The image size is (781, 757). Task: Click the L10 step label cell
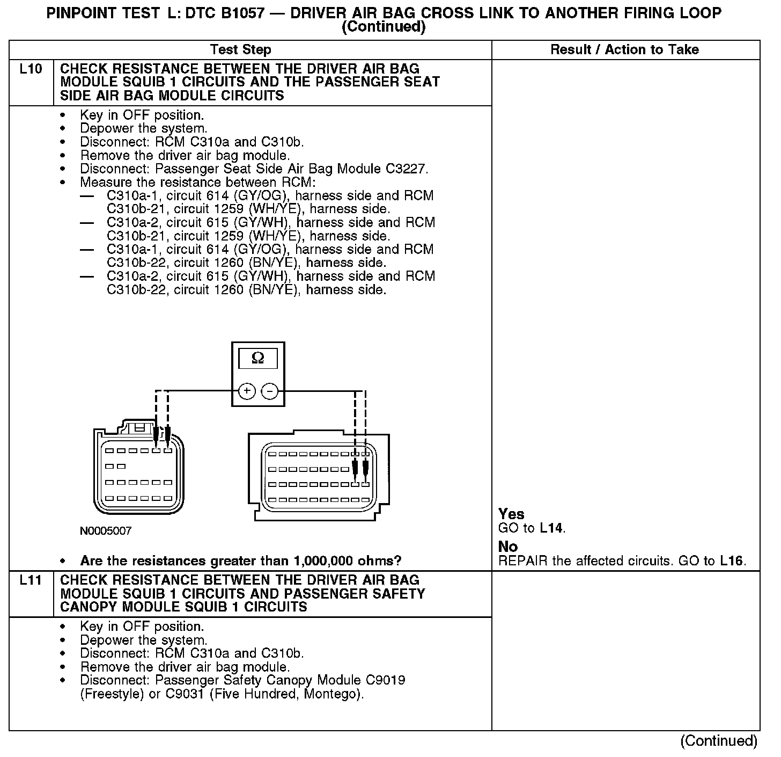tap(31, 69)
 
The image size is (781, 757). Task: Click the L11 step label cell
tap(31, 580)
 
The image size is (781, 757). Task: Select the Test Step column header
tap(241, 50)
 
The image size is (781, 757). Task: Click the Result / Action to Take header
tap(625, 50)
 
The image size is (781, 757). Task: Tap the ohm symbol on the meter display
tap(258, 358)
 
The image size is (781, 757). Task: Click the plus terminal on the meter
tap(247, 391)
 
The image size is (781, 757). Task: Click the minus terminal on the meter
tap(269, 391)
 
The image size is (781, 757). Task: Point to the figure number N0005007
tap(106, 532)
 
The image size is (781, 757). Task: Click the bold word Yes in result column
tap(511, 514)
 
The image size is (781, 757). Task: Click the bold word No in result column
tap(508, 547)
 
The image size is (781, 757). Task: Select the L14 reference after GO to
tap(551, 528)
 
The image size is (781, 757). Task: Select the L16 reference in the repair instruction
tap(731, 561)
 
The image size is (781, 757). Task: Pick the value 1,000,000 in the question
tap(325, 561)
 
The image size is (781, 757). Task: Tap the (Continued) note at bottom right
tap(719, 741)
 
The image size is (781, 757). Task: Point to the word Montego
tap(331, 694)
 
